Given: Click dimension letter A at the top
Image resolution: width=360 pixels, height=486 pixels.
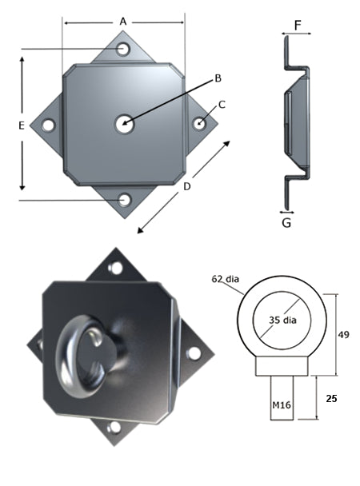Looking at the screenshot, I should click(123, 22).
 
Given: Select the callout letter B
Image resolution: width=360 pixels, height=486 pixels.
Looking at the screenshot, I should click(216, 78).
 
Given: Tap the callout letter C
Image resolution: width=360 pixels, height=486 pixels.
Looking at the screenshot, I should click(222, 104).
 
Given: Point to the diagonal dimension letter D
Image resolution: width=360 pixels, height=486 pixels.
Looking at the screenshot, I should click(186, 187).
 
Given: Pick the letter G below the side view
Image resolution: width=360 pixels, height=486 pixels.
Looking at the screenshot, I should click(287, 222).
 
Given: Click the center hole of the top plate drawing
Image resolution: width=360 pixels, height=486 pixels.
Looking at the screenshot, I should click(123, 123).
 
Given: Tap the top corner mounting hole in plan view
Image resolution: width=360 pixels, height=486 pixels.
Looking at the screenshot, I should click(123, 50).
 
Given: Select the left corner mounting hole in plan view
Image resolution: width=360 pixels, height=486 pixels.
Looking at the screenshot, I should click(49, 125).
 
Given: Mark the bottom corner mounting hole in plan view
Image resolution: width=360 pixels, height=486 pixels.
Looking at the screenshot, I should click(124, 199).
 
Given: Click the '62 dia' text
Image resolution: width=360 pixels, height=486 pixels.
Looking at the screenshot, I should click(227, 280).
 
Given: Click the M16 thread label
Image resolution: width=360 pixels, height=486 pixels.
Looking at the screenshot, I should click(281, 405).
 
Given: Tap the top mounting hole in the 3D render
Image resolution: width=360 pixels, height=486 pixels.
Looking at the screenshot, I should click(116, 268).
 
